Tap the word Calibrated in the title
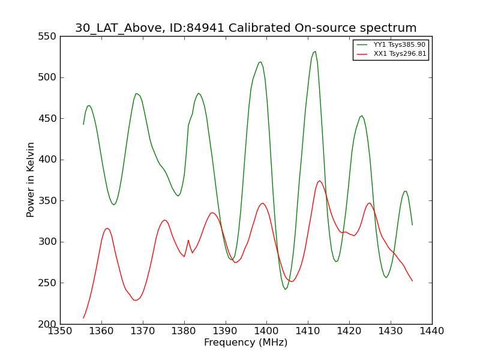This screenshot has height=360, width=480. pyautogui.click(x=260, y=28)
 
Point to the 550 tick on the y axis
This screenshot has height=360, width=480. pyautogui.click(x=47, y=37)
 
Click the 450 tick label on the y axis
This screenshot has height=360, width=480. pyautogui.click(x=47, y=118)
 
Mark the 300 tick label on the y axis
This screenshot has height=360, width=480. pyautogui.click(x=47, y=242)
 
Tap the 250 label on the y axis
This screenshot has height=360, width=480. pyautogui.click(x=47, y=283)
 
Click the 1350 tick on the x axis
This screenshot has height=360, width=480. pyautogui.click(x=61, y=331)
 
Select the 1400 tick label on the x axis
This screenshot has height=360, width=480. pyautogui.click(x=267, y=331)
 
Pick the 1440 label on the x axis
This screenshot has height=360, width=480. pyautogui.click(x=432, y=331)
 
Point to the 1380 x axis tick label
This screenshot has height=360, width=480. pyautogui.click(x=184, y=331)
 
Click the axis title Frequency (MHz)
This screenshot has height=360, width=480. pyautogui.click(x=246, y=342)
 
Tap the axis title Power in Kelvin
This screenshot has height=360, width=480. pyautogui.click(x=31, y=180)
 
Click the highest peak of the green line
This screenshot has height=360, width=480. pyautogui.click(x=315, y=52)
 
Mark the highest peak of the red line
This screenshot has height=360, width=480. pyautogui.click(x=319, y=181)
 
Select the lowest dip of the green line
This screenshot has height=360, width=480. pyautogui.click(x=286, y=289)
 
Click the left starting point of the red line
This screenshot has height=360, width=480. pyautogui.click(x=83, y=318)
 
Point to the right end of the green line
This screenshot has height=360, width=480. pyautogui.click(x=412, y=225)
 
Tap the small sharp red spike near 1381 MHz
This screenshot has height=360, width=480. pyautogui.click(x=188, y=241)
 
